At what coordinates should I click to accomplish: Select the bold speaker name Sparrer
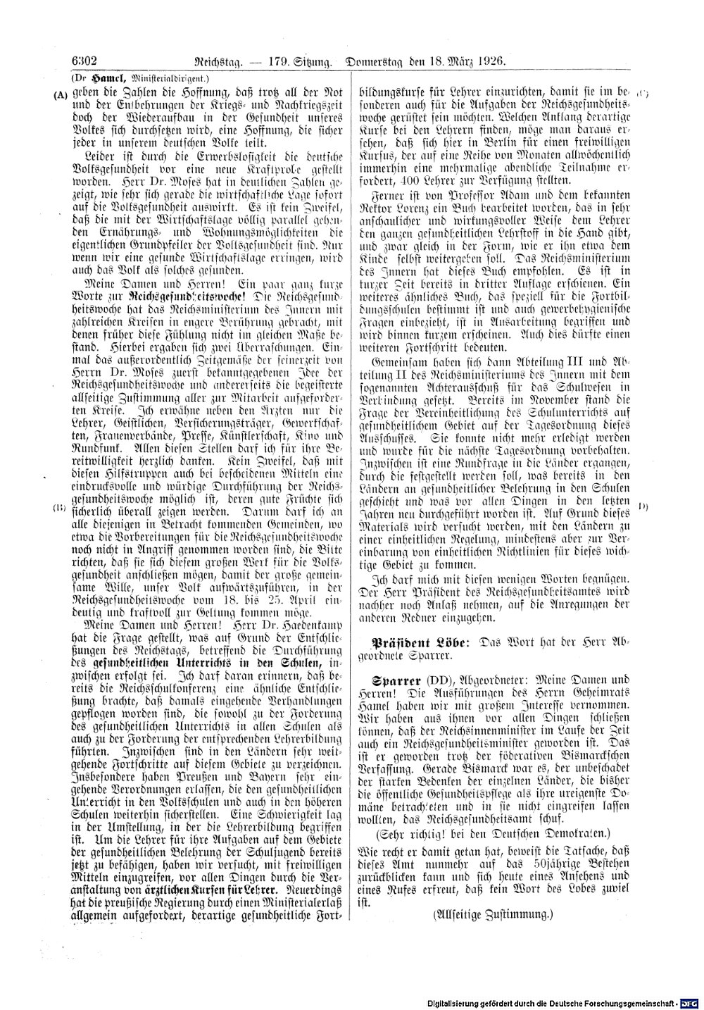396,682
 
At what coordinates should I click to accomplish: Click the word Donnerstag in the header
379,61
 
